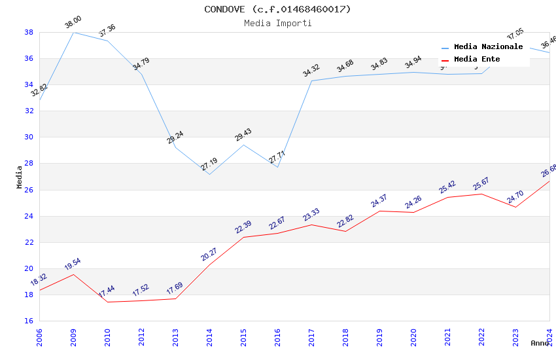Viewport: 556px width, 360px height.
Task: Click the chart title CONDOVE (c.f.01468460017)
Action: coord(277,9)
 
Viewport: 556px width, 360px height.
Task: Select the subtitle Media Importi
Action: coord(277,23)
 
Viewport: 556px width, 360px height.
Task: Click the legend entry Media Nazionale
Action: coord(488,47)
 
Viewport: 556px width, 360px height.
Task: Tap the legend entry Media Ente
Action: coord(477,60)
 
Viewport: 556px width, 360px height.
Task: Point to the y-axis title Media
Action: coord(20,177)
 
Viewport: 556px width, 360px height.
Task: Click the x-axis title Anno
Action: coord(540,343)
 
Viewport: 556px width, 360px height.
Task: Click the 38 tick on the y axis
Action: coord(29,32)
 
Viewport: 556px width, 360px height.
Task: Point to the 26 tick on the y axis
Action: coord(29,190)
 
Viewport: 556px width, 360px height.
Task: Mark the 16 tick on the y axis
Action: coord(29,321)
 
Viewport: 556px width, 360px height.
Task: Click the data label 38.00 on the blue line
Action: coord(73,24)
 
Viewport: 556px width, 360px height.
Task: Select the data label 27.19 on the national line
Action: coord(209,164)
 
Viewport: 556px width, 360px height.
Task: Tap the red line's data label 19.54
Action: coord(73,264)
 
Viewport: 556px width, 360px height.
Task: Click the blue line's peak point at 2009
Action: coord(73,32)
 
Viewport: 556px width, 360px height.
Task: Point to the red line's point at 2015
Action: coord(243,237)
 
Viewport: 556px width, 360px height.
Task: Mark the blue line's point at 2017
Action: coord(311,81)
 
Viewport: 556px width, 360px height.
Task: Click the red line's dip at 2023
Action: coord(515,207)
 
